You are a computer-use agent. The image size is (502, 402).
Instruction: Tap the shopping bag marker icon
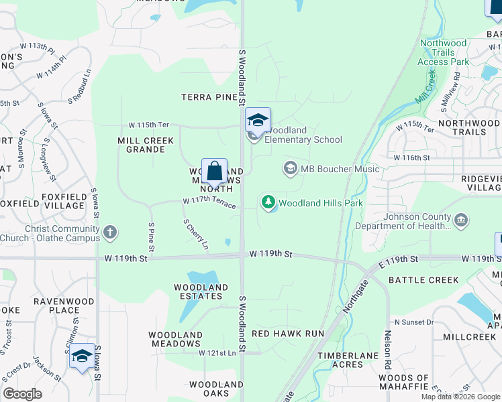[215, 172]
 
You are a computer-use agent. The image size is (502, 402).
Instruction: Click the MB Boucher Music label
[340, 169]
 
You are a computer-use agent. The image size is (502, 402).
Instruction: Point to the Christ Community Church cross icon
[110, 233]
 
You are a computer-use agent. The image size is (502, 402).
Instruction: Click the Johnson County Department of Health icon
[461, 220]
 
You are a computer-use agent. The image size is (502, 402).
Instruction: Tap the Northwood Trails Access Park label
[443, 52]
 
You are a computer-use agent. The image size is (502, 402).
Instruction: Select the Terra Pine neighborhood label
[209, 97]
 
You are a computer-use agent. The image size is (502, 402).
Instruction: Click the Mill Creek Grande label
[141, 145]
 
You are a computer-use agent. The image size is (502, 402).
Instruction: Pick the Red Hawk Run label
[287, 333]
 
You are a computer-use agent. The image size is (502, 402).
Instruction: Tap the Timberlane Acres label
[340, 360]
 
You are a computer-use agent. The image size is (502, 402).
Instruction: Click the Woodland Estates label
[201, 292]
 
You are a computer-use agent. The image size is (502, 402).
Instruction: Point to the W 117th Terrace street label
[209, 202]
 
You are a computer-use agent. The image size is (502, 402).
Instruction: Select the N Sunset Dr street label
[415, 322]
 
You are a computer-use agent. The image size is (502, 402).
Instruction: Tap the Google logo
[22, 394]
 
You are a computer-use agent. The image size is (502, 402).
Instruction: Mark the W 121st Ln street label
[217, 352]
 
